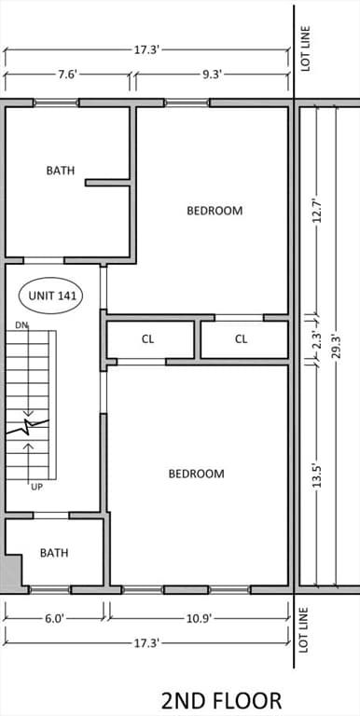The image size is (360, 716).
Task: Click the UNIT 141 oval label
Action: [x=50, y=296]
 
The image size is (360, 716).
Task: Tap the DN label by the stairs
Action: [x=21, y=325]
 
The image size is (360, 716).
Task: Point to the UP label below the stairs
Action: [x=36, y=486]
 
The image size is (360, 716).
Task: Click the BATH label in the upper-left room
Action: [x=61, y=171]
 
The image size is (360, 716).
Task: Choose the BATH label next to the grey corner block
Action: [x=54, y=553]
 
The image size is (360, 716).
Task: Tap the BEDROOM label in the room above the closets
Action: [x=215, y=211]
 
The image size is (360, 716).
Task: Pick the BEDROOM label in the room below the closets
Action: [x=196, y=474]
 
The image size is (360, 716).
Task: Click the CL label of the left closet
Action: [x=147, y=339]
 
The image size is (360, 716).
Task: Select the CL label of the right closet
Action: [x=241, y=339]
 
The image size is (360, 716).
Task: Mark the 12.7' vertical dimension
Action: [x=317, y=210]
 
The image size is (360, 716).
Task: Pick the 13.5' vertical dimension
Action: [x=317, y=475]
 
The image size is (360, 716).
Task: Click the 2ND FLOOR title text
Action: [x=221, y=700]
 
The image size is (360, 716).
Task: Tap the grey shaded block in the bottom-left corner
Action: [x=10, y=571]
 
